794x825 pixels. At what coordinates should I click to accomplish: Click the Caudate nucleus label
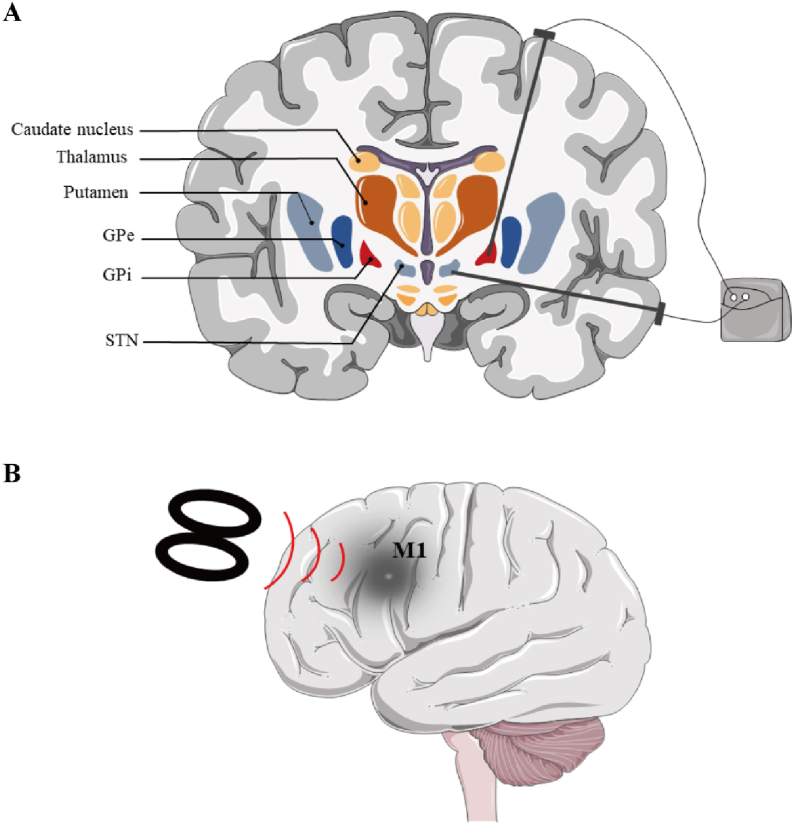(72, 129)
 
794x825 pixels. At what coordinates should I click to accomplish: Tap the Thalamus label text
(92, 157)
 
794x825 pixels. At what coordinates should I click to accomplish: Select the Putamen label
(96, 192)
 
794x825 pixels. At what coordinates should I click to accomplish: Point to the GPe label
(119, 235)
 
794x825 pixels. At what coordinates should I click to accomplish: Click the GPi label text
(117, 275)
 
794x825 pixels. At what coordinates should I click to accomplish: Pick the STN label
(122, 341)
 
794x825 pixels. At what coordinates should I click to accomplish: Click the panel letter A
(12, 13)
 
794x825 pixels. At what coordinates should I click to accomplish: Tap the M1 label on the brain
(409, 550)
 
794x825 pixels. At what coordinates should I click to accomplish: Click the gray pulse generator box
(754, 310)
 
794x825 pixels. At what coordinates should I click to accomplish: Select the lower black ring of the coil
(202, 556)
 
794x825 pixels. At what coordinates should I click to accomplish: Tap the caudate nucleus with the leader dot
(364, 161)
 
